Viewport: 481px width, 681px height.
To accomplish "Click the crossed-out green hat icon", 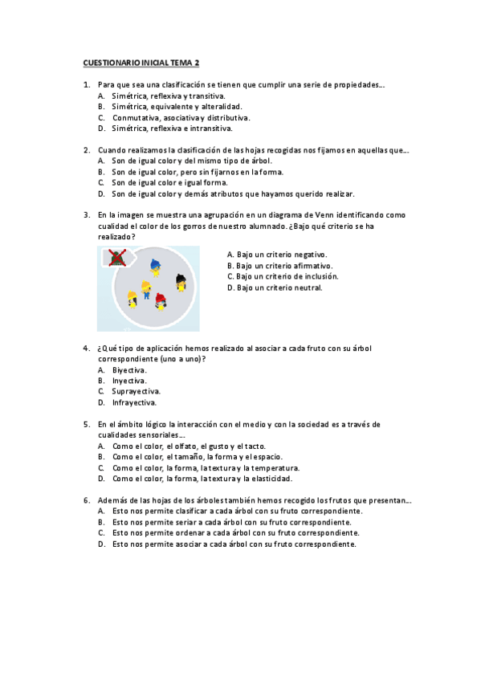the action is [x=117, y=257].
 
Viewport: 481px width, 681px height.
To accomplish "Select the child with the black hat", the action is [x=181, y=282].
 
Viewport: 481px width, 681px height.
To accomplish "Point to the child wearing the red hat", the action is [x=160, y=300].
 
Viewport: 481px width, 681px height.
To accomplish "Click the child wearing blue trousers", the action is [x=146, y=289].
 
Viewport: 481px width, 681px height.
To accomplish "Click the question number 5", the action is [x=86, y=424].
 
